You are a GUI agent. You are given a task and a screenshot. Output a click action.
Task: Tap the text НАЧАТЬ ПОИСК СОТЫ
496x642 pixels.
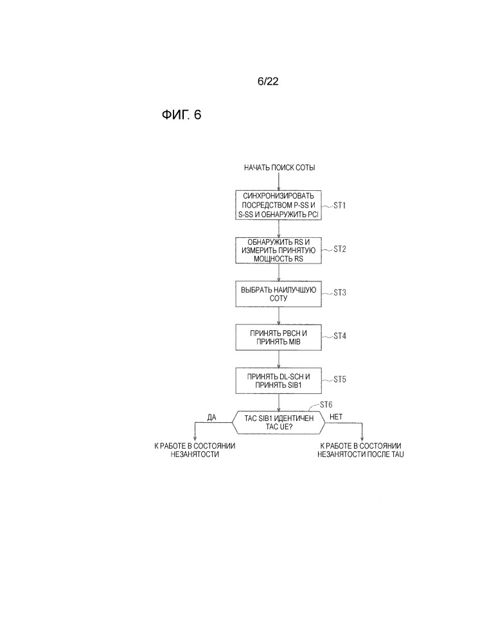279,168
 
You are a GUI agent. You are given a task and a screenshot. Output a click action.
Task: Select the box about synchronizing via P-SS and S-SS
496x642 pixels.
278,206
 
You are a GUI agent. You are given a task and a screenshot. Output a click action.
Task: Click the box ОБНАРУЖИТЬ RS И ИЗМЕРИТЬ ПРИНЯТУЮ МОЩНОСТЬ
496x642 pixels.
278,250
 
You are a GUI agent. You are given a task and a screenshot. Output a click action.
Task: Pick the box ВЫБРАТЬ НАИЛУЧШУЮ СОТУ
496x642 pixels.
278,294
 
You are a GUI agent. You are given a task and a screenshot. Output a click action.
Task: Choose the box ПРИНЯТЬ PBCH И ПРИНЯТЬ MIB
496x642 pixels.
278,337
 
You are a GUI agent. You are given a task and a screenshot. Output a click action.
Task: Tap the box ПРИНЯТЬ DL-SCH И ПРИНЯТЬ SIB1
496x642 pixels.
278,380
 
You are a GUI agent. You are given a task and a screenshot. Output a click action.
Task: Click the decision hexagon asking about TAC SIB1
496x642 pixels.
278,423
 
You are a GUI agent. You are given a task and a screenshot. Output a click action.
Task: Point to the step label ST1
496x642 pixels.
339,205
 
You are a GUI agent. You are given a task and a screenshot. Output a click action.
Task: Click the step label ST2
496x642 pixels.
339,248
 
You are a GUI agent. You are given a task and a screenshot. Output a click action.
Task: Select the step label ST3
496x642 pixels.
339,292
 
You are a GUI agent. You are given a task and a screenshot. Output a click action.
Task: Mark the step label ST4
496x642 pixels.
339,335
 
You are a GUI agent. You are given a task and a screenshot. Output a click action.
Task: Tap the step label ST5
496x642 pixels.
339,379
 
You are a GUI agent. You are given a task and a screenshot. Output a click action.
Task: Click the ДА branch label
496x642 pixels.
211,417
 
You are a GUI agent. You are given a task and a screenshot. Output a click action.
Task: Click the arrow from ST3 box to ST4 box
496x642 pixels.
278,315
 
